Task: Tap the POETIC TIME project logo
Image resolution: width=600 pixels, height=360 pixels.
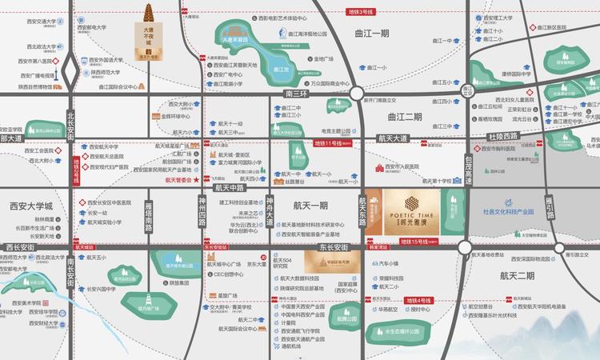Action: click(413, 213)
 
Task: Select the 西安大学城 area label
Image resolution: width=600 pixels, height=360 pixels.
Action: click(30, 205)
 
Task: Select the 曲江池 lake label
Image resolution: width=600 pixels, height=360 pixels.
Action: click(280, 70)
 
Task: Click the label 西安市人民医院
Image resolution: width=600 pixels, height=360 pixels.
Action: click(412, 167)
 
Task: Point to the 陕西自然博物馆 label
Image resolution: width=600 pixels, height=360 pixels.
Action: click(30, 86)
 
